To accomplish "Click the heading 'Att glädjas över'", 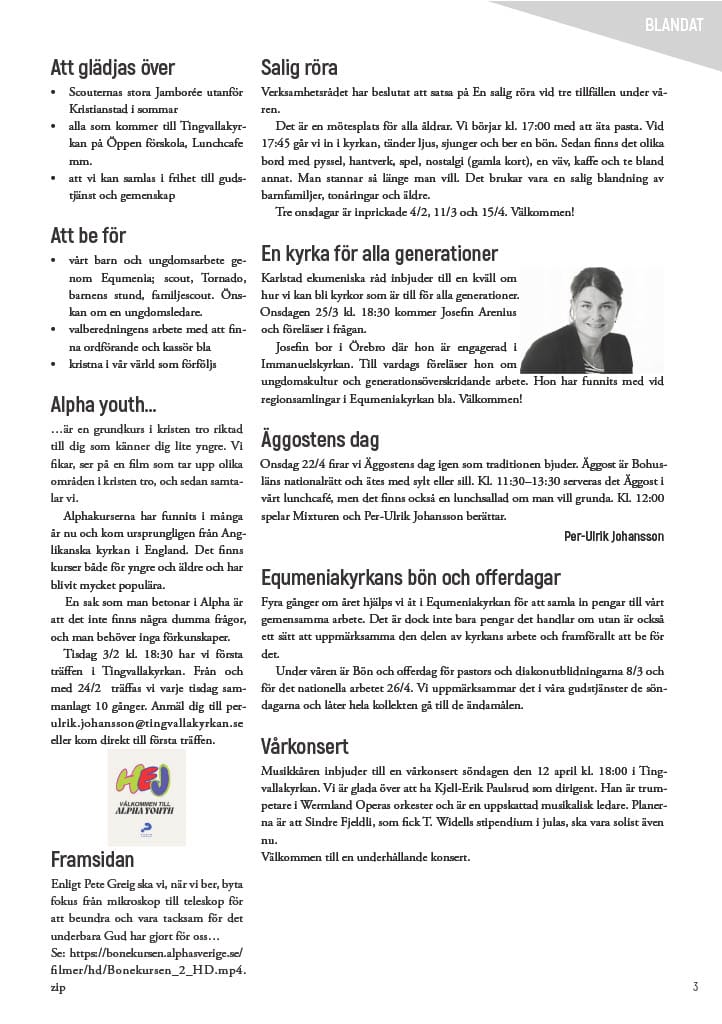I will tap(112, 68).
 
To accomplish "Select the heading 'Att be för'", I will tap(88, 236).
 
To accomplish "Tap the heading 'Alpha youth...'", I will tap(103, 404).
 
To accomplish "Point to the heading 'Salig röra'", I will tap(299, 68).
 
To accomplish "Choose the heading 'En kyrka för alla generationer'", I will tap(379, 253).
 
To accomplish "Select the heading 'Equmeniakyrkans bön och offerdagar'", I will tap(410, 577).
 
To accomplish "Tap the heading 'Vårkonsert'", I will tap(304, 746).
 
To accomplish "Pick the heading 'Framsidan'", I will tap(92, 859).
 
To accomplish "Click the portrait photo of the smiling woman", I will tap(591, 319).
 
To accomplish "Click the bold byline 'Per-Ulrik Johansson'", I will tap(614, 536).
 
